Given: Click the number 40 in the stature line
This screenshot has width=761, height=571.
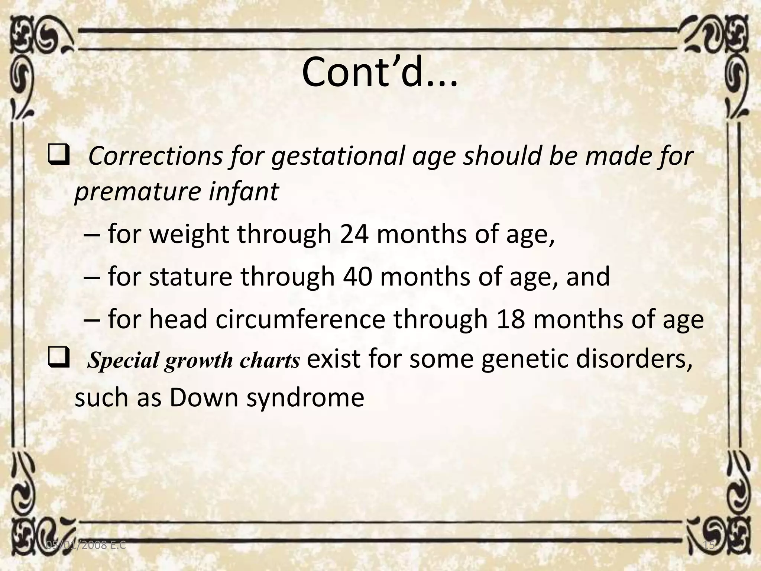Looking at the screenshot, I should pos(357,277).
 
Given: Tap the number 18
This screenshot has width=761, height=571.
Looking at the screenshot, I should pos(510,319).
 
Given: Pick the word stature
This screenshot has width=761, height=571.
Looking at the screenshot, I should pos(190,277).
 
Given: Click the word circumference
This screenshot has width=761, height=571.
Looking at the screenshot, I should pos(300,319).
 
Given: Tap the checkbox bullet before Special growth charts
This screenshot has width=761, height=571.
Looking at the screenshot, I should pos(58,359).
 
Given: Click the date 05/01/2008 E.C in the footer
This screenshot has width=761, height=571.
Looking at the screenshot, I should pos(85,545).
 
